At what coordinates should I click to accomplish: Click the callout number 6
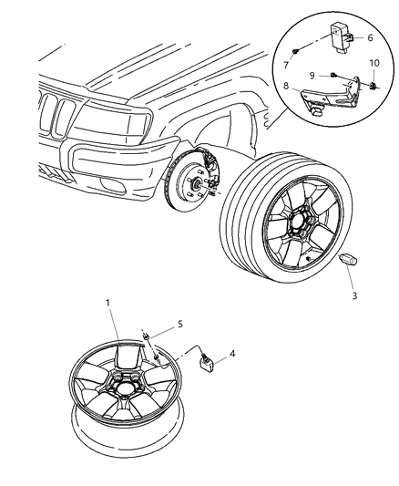click(x=371, y=37)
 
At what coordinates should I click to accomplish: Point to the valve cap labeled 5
click(x=146, y=339)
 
